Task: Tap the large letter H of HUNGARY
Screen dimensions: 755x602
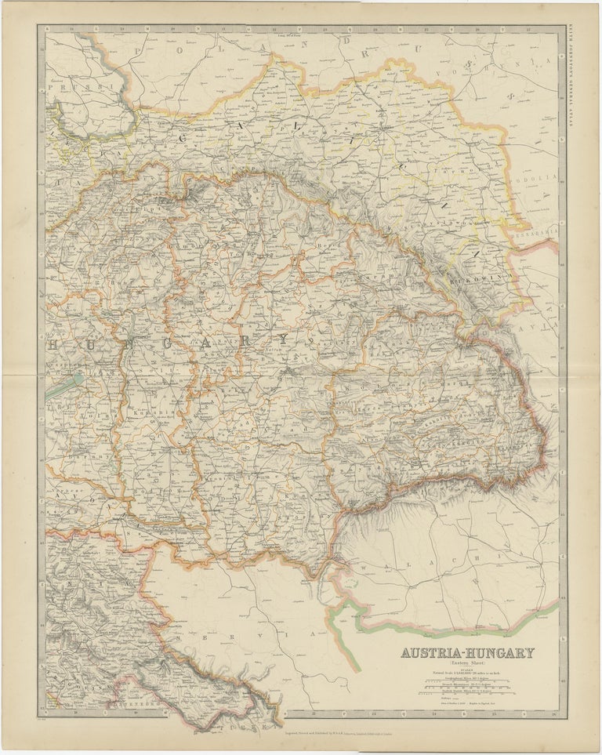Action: (54, 343)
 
